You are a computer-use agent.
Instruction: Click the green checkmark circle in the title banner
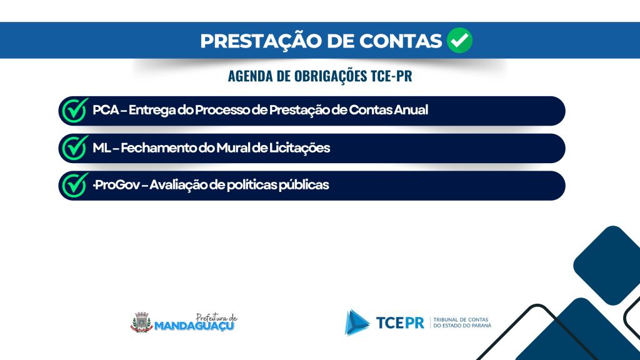(x=459, y=40)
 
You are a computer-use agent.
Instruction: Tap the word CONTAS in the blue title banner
(x=401, y=41)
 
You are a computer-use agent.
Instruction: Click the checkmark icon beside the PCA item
(x=75, y=110)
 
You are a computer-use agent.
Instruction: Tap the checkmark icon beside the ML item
(x=75, y=147)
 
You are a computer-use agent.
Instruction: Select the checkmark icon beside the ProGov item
(x=75, y=185)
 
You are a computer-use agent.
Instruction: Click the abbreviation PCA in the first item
(x=106, y=110)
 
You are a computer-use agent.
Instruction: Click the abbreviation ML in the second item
(x=102, y=147)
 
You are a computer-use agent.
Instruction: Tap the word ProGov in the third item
(x=117, y=185)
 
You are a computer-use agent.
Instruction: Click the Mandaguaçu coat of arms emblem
(x=142, y=322)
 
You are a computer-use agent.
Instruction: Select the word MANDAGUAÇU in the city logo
(x=194, y=326)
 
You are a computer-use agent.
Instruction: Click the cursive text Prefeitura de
(x=216, y=317)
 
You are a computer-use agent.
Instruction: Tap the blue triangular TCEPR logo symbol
(x=356, y=322)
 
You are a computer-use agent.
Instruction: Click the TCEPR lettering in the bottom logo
(x=400, y=323)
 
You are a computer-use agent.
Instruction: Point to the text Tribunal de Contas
(x=461, y=319)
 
